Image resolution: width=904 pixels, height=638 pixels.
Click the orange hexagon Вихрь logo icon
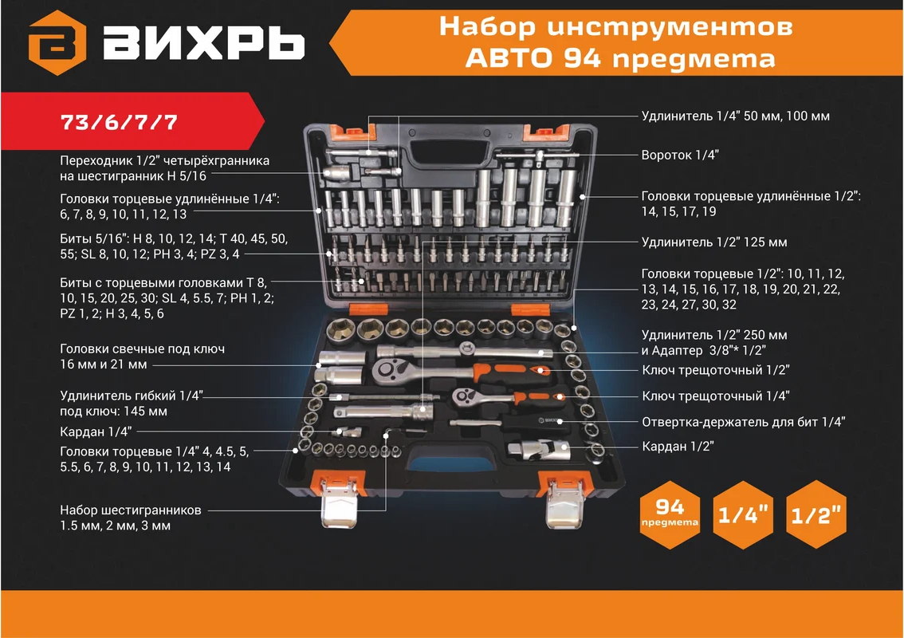point(57,43)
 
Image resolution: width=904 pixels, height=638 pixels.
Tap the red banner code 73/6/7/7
point(119,122)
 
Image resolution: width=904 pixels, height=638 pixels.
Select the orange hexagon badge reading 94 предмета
point(670,514)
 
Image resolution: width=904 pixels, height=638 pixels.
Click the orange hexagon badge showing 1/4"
point(743,514)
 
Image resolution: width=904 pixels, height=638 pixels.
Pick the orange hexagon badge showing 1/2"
point(816,514)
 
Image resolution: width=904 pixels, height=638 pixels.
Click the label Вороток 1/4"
point(680,155)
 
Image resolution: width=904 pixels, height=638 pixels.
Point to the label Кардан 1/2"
point(678,446)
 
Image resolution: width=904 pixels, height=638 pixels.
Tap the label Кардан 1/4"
point(96,431)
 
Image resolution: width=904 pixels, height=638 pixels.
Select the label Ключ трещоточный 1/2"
point(716,370)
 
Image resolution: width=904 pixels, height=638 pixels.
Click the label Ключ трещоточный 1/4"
point(716,396)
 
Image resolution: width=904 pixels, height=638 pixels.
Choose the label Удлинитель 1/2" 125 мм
point(714,242)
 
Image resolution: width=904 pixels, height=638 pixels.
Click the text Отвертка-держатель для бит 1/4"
point(744,422)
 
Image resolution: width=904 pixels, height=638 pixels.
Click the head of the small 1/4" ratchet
point(468,396)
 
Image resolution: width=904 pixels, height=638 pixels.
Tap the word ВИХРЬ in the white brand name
point(204,43)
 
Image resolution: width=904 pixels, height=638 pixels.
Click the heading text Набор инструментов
point(615,26)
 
